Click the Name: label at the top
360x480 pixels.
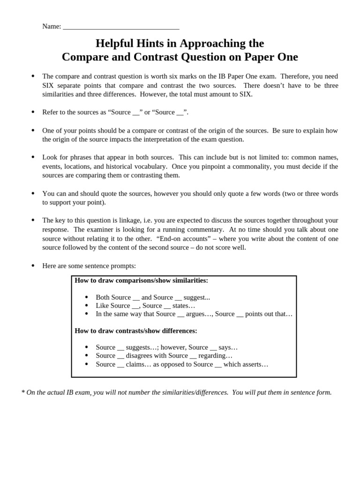point(52,26)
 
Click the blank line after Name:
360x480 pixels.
point(121,27)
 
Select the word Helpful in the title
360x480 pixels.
point(114,44)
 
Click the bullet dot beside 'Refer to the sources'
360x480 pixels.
point(33,112)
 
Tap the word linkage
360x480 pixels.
point(121,220)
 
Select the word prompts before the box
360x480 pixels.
point(123,266)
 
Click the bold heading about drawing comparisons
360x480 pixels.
point(141,280)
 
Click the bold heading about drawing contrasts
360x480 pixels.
point(136,330)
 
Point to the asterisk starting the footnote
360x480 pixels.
point(23,392)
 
